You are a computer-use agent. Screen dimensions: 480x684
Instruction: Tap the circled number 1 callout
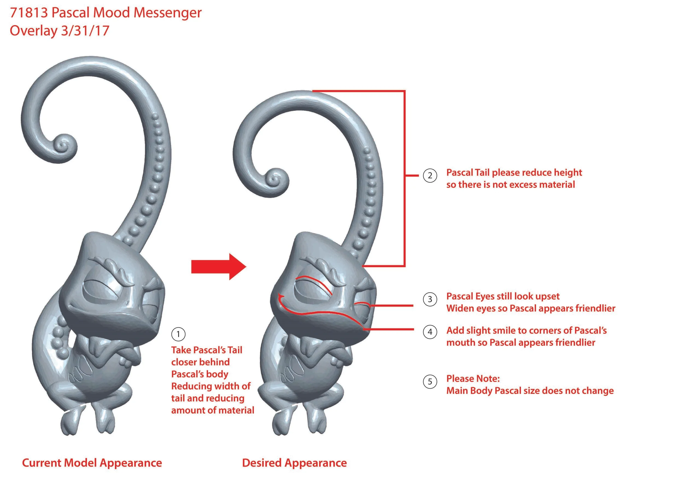178,334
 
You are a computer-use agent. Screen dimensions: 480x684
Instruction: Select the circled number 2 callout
430,175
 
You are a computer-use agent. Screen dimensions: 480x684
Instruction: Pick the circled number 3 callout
430,299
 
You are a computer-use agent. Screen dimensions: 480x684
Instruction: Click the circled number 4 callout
430,332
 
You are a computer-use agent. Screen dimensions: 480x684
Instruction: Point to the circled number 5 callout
430,381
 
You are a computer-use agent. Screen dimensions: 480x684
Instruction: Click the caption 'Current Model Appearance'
92,463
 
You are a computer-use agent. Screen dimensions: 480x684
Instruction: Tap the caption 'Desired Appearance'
294,463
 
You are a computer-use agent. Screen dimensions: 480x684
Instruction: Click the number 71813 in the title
29,13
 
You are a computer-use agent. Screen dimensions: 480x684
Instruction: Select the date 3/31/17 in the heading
85,31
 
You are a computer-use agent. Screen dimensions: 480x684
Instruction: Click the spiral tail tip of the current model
63,146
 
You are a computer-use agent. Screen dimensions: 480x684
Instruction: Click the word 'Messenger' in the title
168,13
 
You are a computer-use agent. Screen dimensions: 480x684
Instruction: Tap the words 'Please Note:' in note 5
473,379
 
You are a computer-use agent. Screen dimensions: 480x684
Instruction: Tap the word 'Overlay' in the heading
33,31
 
